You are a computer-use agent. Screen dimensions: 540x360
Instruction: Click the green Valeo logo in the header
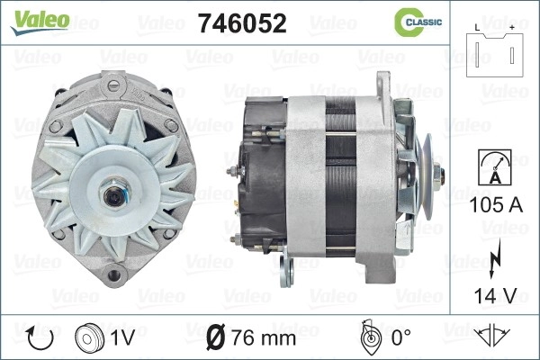coord(40,22)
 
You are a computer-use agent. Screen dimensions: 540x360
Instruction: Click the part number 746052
coord(242,23)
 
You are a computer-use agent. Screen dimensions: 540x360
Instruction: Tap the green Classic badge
coord(418,22)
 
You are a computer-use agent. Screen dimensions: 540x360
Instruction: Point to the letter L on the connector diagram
coord(477,28)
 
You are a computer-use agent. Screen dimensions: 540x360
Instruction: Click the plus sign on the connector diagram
coord(512,28)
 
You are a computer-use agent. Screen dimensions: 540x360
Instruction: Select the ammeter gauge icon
coord(495,167)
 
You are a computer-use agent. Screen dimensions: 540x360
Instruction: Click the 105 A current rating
coord(496,205)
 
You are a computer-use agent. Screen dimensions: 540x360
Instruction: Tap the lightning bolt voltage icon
coord(494,258)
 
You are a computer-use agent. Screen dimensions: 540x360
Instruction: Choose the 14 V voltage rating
coord(496,295)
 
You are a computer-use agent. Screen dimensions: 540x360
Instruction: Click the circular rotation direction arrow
coord(40,338)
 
